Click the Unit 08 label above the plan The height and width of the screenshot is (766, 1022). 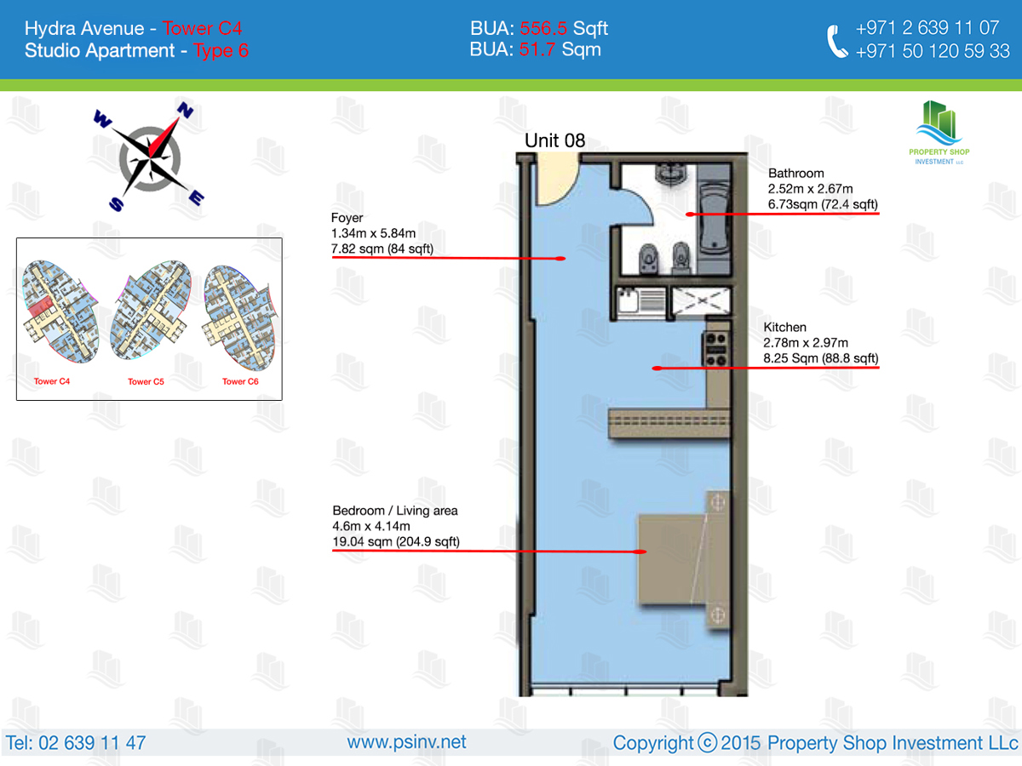point(554,140)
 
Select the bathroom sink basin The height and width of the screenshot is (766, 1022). point(671,174)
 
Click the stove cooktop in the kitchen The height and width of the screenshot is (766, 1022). point(716,349)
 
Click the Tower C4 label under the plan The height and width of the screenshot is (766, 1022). point(52,381)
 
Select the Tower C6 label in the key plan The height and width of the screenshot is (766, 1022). point(240,381)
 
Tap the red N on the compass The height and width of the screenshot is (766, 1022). point(185,111)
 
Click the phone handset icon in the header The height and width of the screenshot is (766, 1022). point(836,41)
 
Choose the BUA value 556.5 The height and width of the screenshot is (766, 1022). point(543,28)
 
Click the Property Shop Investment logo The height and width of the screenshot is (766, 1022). point(939,133)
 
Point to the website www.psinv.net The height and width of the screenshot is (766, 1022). point(406,742)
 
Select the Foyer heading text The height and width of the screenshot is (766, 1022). point(347,218)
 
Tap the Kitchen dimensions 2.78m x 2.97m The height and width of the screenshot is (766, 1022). point(806,343)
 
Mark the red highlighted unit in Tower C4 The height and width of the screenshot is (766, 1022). point(40,307)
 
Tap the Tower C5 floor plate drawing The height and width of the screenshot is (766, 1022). point(151,310)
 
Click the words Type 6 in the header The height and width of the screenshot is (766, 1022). point(221,51)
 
